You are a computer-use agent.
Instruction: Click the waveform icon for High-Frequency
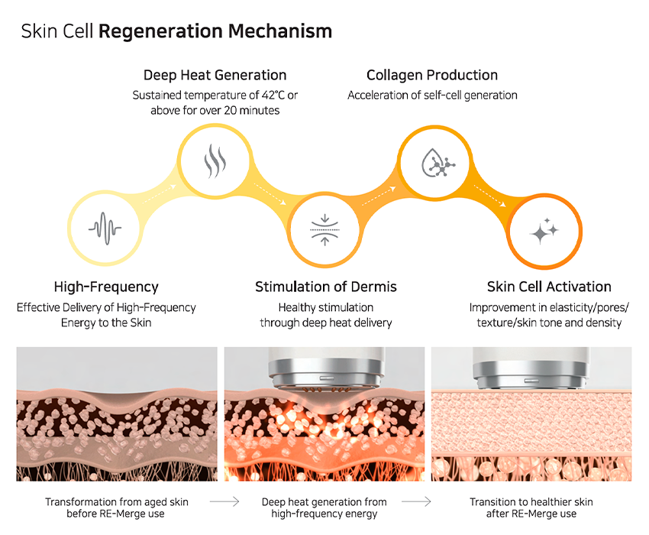click(105, 227)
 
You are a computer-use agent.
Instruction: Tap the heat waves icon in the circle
click(214, 162)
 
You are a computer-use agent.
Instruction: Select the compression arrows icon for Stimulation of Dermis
click(325, 227)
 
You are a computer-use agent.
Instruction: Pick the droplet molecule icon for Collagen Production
click(434, 162)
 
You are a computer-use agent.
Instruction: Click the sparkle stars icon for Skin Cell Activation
click(544, 230)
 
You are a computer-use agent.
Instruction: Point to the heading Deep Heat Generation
click(215, 75)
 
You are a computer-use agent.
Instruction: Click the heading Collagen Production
click(432, 75)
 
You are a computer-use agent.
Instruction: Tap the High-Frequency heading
click(106, 287)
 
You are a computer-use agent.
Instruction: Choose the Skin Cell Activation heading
click(549, 287)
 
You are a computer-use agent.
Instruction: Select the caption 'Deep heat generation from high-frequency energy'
click(324, 507)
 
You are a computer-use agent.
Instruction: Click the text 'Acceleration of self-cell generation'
click(432, 96)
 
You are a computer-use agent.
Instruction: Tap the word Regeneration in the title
click(160, 31)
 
